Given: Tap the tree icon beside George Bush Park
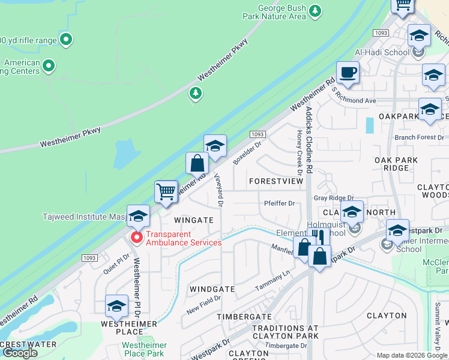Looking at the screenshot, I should [315, 11].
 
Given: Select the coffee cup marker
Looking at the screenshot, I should [348, 74].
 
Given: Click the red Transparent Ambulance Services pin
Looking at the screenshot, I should [136, 238].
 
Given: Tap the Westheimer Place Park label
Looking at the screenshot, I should [144, 349].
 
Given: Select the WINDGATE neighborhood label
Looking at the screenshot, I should [212, 289].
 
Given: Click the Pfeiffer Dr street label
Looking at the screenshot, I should [280, 203].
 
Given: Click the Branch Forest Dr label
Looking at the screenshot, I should [418, 137].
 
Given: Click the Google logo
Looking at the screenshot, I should [20, 353].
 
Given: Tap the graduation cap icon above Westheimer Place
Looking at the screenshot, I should [116, 307].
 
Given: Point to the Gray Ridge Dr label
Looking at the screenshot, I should [334, 198].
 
